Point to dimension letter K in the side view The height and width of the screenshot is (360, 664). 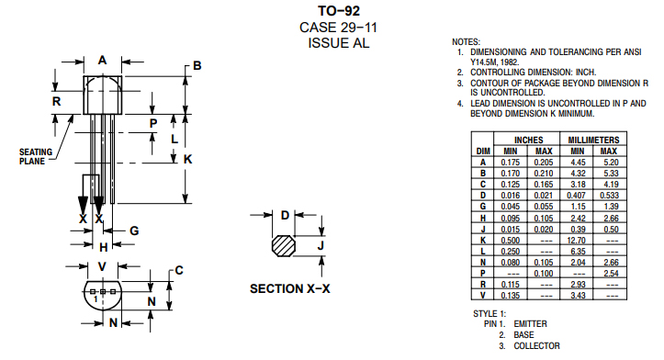point(188,159)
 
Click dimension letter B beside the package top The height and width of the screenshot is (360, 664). point(197,66)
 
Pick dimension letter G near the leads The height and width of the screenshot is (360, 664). point(134,231)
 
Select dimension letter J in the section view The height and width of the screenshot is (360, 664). point(321,246)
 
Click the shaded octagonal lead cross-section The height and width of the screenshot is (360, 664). point(284,246)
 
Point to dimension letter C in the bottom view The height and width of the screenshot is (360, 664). point(179,270)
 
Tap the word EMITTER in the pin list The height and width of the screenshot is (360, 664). point(532,324)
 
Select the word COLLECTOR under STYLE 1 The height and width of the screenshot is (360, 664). point(537,346)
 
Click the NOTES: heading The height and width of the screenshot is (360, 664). point(467,42)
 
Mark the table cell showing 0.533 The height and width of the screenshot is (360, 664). point(609,194)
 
